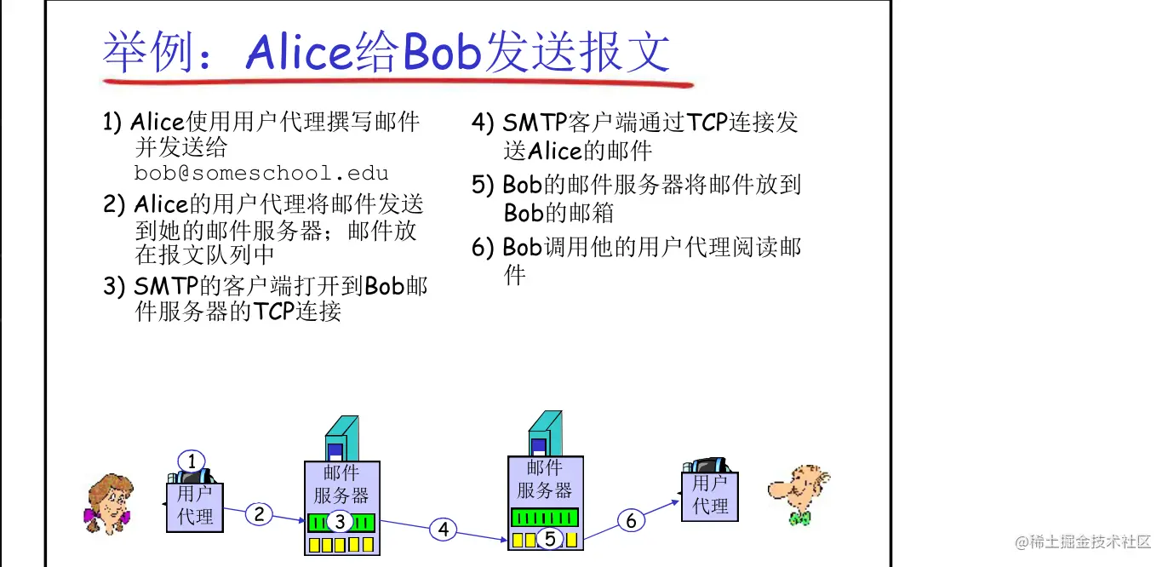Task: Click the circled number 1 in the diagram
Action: [192, 461]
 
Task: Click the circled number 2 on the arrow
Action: [260, 513]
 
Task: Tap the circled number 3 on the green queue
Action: [339, 521]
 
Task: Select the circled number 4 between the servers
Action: [443, 530]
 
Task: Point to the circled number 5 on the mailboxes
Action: [550, 538]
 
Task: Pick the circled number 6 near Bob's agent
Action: [631, 520]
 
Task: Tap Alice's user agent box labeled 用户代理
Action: [195, 506]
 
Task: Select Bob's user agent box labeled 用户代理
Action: [710, 495]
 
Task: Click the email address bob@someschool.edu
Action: [261, 173]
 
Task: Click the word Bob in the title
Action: [443, 53]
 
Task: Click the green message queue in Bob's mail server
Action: [544, 517]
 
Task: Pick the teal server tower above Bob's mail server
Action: [546, 433]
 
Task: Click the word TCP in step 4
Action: [708, 123]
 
